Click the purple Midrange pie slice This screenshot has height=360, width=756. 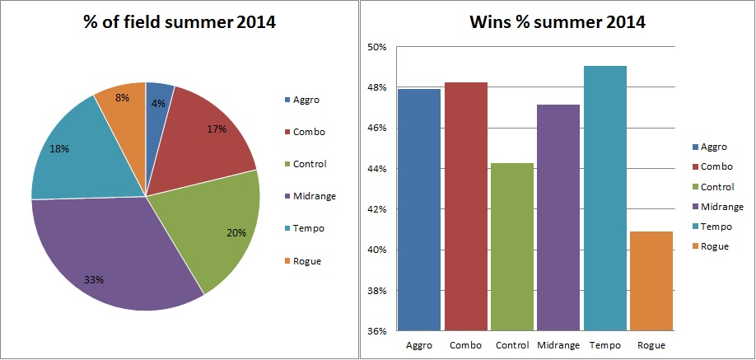[x=115, y=247]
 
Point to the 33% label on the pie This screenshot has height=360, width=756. [x=93, y=279]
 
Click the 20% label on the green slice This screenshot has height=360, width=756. [x=236, y=232]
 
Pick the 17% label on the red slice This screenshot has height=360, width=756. [x=217, y=129]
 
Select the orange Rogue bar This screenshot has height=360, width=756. [x=651, y=280]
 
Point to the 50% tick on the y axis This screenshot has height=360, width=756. [x=377, y=47]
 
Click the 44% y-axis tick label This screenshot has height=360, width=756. [x=377, y=169]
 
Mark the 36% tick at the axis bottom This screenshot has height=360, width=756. [x=377, y=331]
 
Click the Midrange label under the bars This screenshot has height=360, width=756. [x=558, y=345]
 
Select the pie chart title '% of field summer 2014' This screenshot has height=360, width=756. [x=179, y=22]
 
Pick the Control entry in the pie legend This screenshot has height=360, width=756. [x=308, y=164]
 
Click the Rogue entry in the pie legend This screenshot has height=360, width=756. [x=305, y=261]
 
